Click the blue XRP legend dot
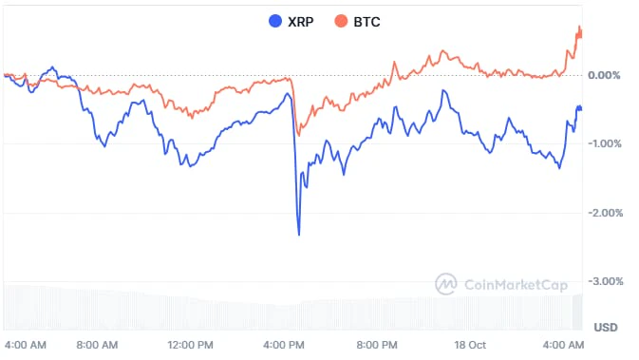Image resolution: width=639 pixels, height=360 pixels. (275, 21)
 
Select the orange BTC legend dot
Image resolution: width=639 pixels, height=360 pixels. (341, 21)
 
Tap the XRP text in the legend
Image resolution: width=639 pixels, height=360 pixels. (301, 22)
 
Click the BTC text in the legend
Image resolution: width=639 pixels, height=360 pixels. (366, 22)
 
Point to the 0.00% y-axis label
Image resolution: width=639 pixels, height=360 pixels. (604, 75)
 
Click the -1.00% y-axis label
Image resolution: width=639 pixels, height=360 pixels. (605, 143)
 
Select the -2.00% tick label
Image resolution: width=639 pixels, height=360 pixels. (605, 213)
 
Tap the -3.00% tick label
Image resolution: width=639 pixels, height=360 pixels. (606, 281)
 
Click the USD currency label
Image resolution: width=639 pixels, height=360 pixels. (606, 328)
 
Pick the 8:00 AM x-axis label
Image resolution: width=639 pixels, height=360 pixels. (97, 345)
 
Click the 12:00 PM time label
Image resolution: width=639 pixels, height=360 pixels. (190, 345)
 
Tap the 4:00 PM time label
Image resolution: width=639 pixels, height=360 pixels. (284, 345)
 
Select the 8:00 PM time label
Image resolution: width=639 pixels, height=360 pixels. (377, 345)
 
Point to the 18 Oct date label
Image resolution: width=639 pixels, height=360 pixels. (470, 345)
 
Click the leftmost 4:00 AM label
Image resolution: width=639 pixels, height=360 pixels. (26, 345)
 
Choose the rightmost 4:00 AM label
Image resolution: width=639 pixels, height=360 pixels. (563, 345)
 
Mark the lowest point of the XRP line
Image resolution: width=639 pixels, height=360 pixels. (299, 235)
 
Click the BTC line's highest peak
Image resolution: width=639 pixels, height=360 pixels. (580, 27)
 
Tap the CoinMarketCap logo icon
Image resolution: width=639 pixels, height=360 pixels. (446, 284)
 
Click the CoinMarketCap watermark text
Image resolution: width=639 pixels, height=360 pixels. (516, 285)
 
